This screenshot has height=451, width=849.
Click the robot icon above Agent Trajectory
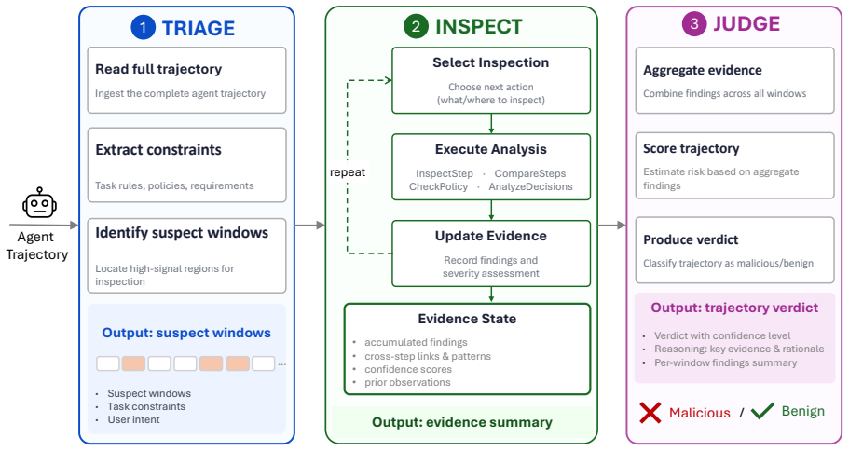tap(39, 203)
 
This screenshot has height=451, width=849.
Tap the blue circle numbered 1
tap(143, 28)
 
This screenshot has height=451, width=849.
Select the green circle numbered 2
tap(416, 26)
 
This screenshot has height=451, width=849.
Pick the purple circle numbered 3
tap(694, 24)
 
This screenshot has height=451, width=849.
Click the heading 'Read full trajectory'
tap(158, 69)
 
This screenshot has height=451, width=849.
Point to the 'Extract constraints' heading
tap(158, 149)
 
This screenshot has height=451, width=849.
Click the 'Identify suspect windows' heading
tap(182, 233)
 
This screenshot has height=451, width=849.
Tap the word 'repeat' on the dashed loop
tap(347, 172)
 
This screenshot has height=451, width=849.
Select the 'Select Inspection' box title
tap(490, 62)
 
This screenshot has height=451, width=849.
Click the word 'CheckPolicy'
tap(438, 186)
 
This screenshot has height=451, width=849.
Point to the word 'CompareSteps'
tap(530, 174)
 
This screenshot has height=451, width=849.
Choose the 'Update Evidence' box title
tap(491, 236)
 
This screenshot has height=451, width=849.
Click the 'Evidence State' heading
tap(467, 319)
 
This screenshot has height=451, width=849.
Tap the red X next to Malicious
tap(650, 413)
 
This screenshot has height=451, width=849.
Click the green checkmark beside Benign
tap(763, 411)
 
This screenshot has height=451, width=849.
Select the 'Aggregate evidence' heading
tap(703, 71)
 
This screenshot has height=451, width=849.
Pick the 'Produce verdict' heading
tap(691, 239)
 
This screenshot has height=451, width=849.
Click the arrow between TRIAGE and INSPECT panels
tap(309, 225)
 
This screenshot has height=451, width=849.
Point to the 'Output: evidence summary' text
tap(462, 422)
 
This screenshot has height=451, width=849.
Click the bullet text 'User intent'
tap(133, 419)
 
